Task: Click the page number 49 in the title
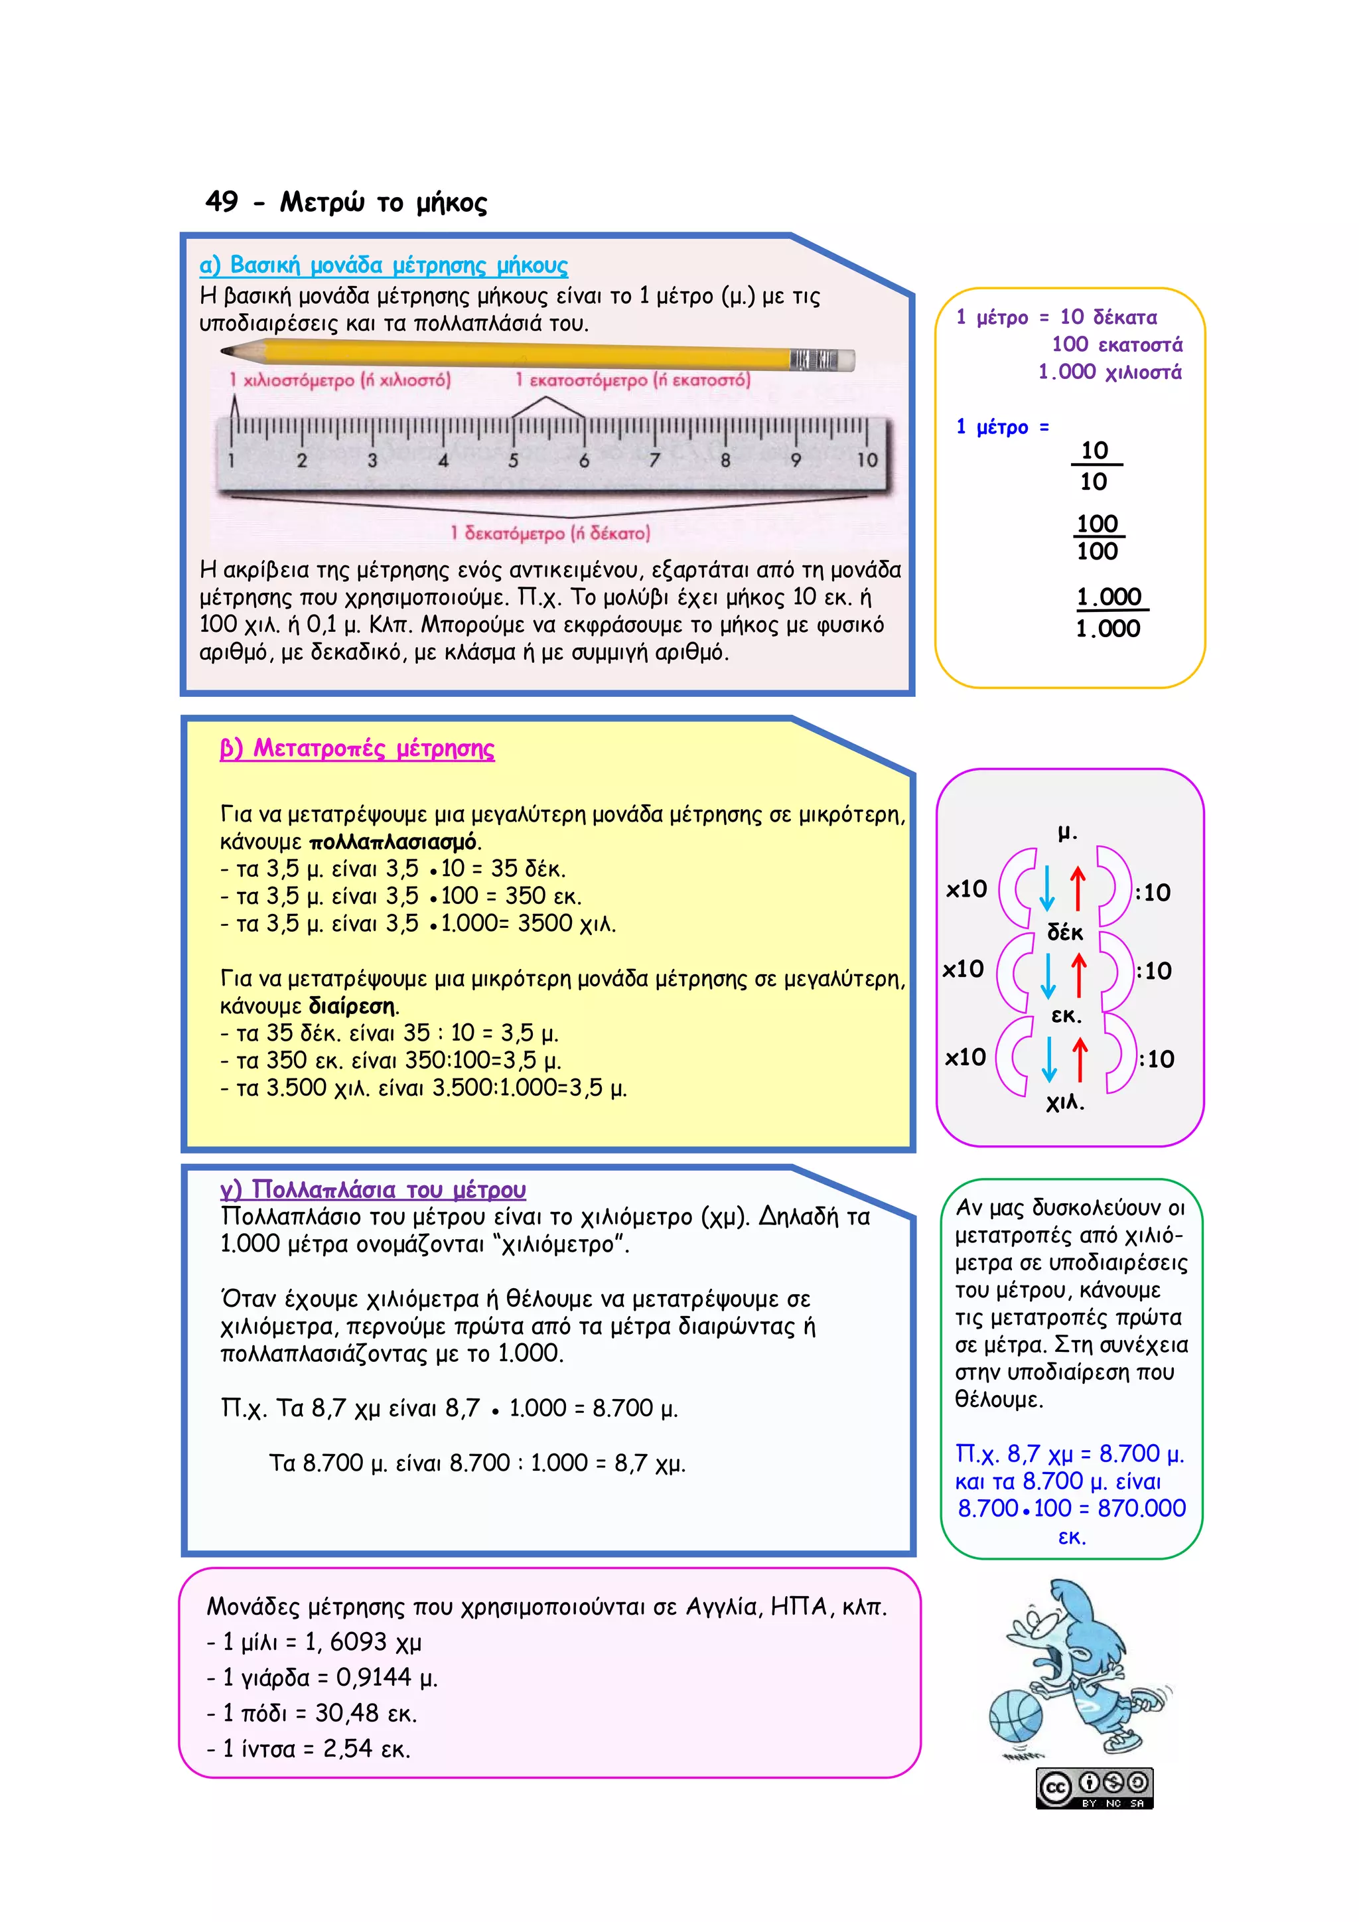pos(222,202)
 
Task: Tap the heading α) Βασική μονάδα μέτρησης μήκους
pos(384,265)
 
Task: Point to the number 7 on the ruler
pos(654,459)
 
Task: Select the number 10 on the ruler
pos(867,459)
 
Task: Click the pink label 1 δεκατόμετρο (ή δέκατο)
pos(550,533)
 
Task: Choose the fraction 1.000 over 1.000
pos(1109,612)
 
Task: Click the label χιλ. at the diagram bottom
pos(1065,1102)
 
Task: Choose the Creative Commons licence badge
pos(1094,1788)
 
